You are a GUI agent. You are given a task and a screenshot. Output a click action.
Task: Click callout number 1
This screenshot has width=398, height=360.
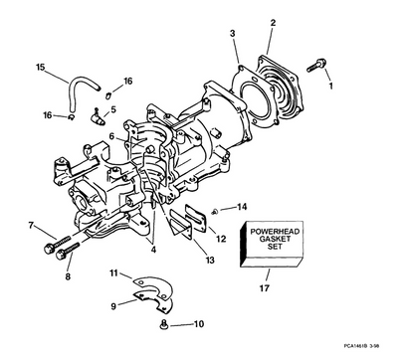[x=331, y=86]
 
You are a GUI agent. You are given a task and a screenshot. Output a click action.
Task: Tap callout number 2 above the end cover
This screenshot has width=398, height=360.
[x=273, y=22]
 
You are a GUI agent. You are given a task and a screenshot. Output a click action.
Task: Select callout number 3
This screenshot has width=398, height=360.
[x=232, y=34]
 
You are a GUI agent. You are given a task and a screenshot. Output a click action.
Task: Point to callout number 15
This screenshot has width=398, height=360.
[x=40, y=68]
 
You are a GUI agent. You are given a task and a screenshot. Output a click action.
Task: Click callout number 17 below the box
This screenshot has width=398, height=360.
[x=265, y=288]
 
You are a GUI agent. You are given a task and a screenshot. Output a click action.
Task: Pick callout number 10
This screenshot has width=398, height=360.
[x=199, y=323]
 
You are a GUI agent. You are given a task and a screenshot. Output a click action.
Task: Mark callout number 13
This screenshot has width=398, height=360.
[x=208, y=260]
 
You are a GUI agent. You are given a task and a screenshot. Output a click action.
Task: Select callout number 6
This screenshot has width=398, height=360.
[x=111, y=136]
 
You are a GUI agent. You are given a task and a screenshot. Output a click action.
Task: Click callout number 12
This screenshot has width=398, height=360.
[x=221, y=239]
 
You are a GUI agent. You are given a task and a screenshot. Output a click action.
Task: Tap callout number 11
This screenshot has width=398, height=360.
[x=113, y=272]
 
